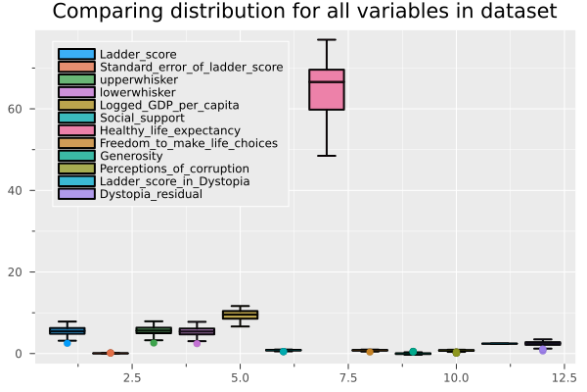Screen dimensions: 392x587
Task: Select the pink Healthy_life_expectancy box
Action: pyautogui.click(x=326, y=89)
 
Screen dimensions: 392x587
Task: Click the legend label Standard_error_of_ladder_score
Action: pyautogui.click(x=184, y=67)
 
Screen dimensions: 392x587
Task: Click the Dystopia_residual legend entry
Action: pyautogui.click(x=150, y=194)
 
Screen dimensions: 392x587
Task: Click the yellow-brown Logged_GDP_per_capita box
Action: pyautogui.click(x=240, y=315)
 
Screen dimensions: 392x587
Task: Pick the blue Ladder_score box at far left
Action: pyautogui.click(x=67, y=331)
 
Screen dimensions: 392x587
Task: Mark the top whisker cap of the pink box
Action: pyautogui.click(x=326, y=40)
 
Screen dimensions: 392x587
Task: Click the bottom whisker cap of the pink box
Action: pyautogui.click(x=326, y=156)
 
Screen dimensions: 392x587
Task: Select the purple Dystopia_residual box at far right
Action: pyautogui.click(x=542, y=344)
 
